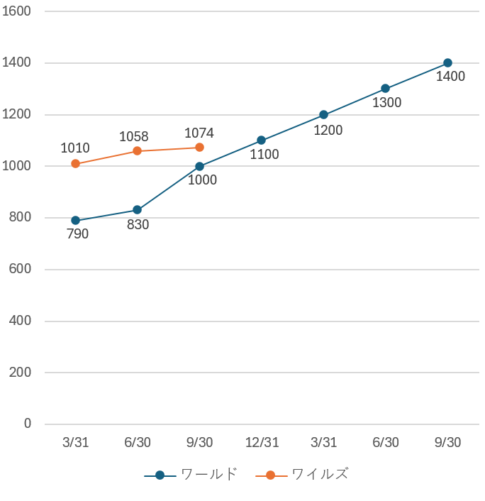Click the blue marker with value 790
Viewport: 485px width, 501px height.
pyautogui.click(x=76, y=221)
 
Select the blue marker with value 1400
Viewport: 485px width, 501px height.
pyautogui.click(x=447, y=63)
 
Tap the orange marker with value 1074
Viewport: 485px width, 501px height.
pyautogui.click(x=199, y=148)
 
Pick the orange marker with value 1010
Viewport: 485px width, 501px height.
pyautogui.click(x=76, y=164)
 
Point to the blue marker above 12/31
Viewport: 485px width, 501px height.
pyautogui.click(x=262, y=141)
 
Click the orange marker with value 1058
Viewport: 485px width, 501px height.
pyautogui.click(x=138, y=151)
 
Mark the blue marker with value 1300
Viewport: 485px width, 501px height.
pyautogui.click(x=386, y=89)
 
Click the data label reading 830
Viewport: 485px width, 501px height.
pyautogui.click(x=138, y=225)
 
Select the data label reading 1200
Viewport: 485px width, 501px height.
pyautogui.click(x=328, y=130)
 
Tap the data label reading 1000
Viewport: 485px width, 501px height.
pyautogui.click(x=202, y=180)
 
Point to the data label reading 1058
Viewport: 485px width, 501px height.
pyautogui.click(x=133, y=136)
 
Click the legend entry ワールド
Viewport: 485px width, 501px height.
pyautogui.click(x=208, y=475)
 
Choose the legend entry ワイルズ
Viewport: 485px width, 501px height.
pyautogui.click(x=320, y=475)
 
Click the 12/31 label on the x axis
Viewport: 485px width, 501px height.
pyautogui.click(x=262, y=443)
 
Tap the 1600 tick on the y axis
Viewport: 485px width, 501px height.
pyautogui.click(x=18, y=11)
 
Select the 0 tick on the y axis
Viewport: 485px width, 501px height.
pyautogui.click(x=28, y=424)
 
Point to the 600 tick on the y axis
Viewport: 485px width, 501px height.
pyautogui.click(x=21, y=269)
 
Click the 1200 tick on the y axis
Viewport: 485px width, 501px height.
pyautogui.click(x=18, y=114)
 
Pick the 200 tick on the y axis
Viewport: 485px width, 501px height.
pyautogui.click(x=21, y=373)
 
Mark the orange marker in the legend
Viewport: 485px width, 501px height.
pyautogui.click(x=271, y=475)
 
